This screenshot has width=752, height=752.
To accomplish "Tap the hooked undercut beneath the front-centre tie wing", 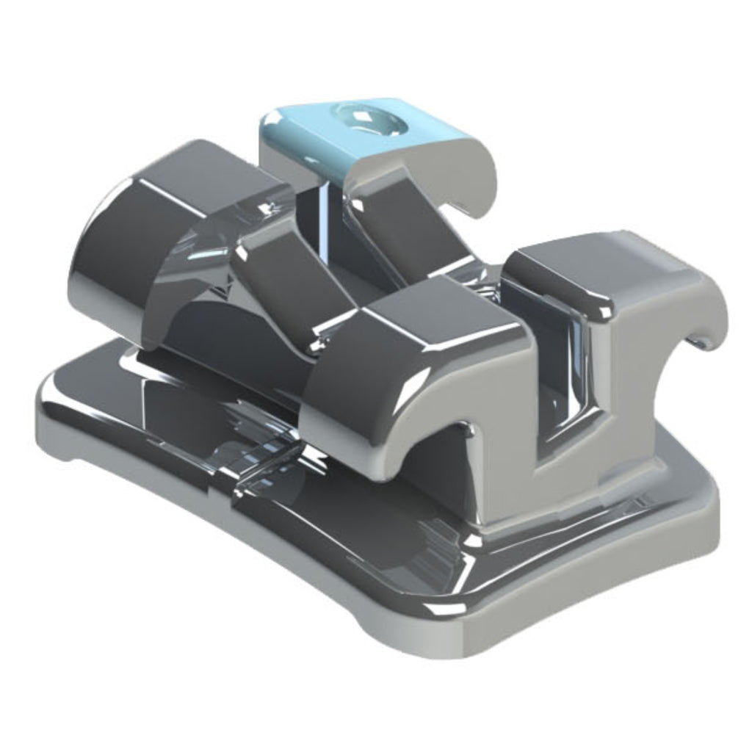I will coord(441,455).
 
